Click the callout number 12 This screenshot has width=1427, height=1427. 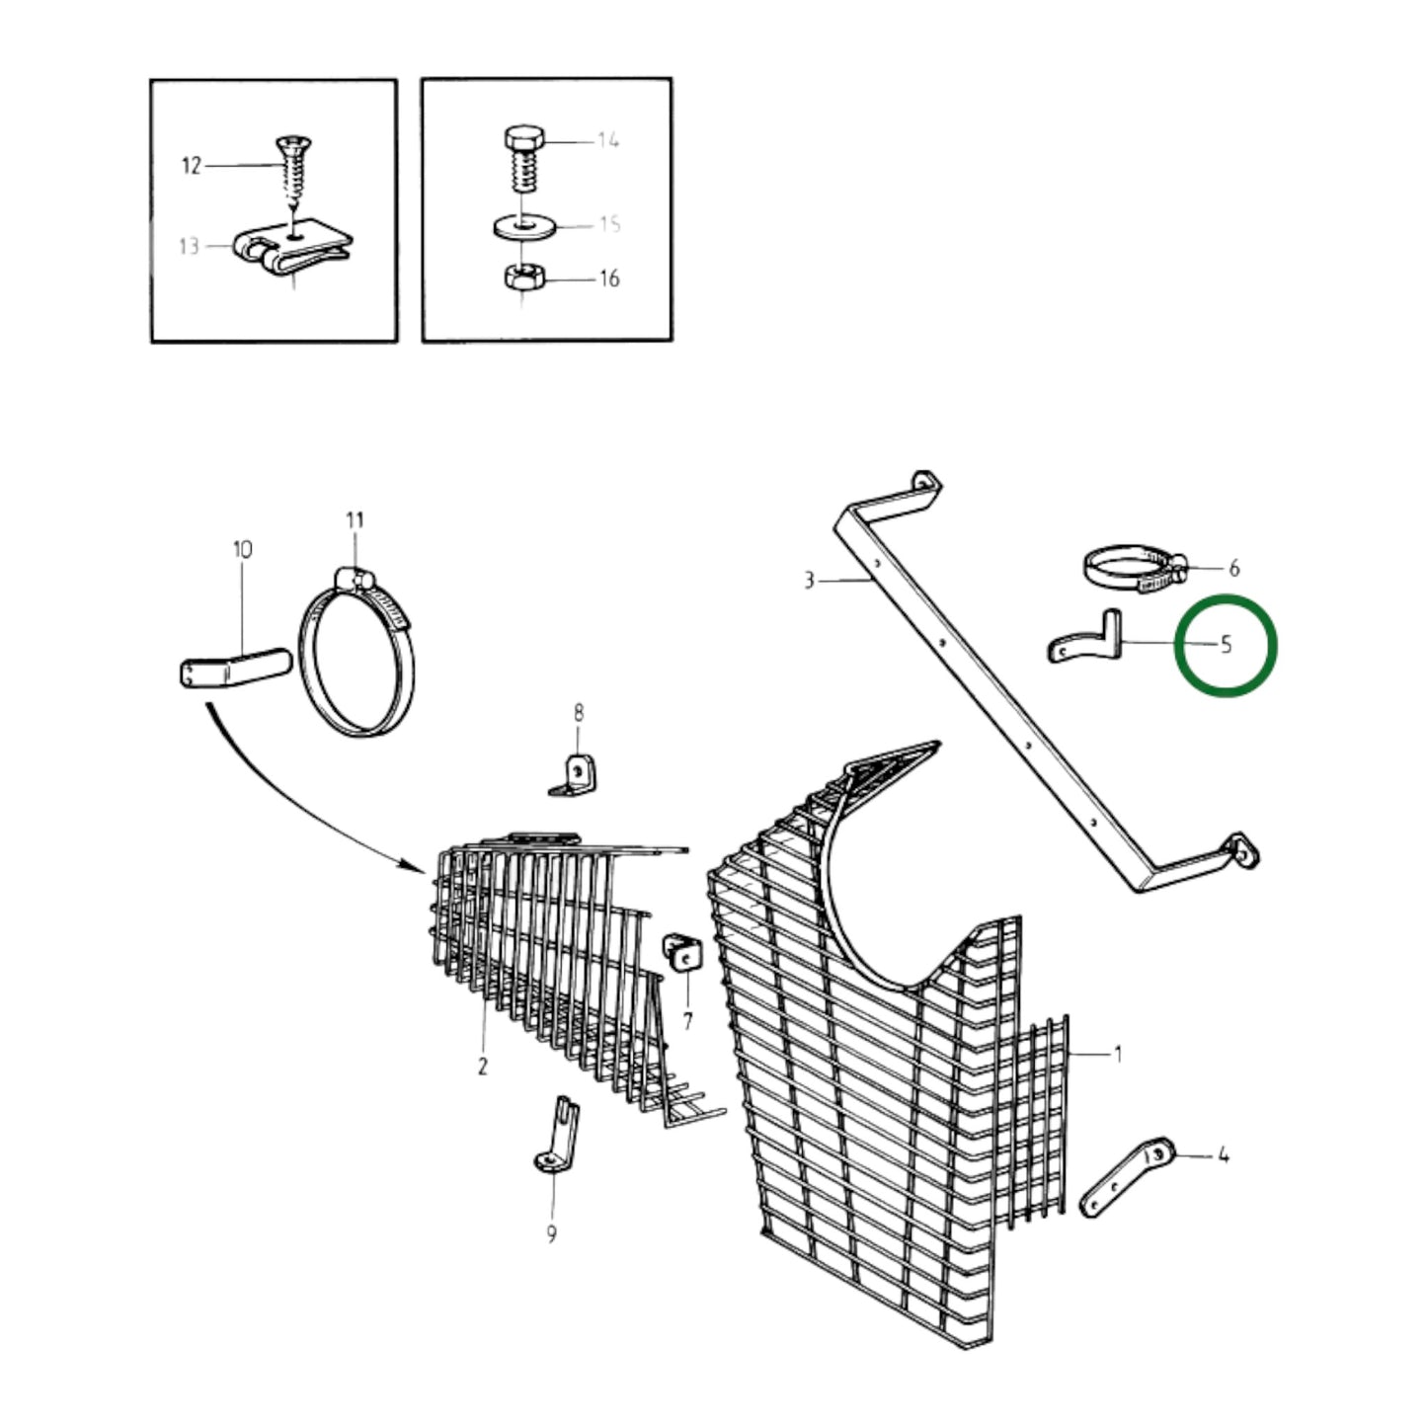pyautogui.click(x=191, y=165)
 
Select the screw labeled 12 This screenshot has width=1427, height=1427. pyautogui.click(x=294, y=173)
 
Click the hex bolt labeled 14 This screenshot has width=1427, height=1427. pyautogui.click(x=523, y=160)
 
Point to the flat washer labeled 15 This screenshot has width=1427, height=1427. pyautogui.click(x=523, y=227)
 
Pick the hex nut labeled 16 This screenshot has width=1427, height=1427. pyautogui.click(x=523, y=277)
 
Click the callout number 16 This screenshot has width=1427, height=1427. pyautogui.click(x=608, y=278)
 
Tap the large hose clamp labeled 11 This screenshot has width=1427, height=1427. pyautogui.click(x=357, y=652)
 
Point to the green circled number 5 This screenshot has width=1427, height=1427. pyautogui.click(x=1226, y=645)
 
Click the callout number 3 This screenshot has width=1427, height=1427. pyautogui.click(x=810, y=581)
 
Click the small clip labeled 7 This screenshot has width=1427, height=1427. pyautogui.click(x=682, y=953)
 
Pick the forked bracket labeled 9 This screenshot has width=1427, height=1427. pyautogui.click(x=557, y=1136)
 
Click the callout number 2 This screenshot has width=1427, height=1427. pyautogui.click(x=482, y=1067)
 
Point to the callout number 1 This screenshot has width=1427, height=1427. pyautogui.click(x=1118, y=1054)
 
